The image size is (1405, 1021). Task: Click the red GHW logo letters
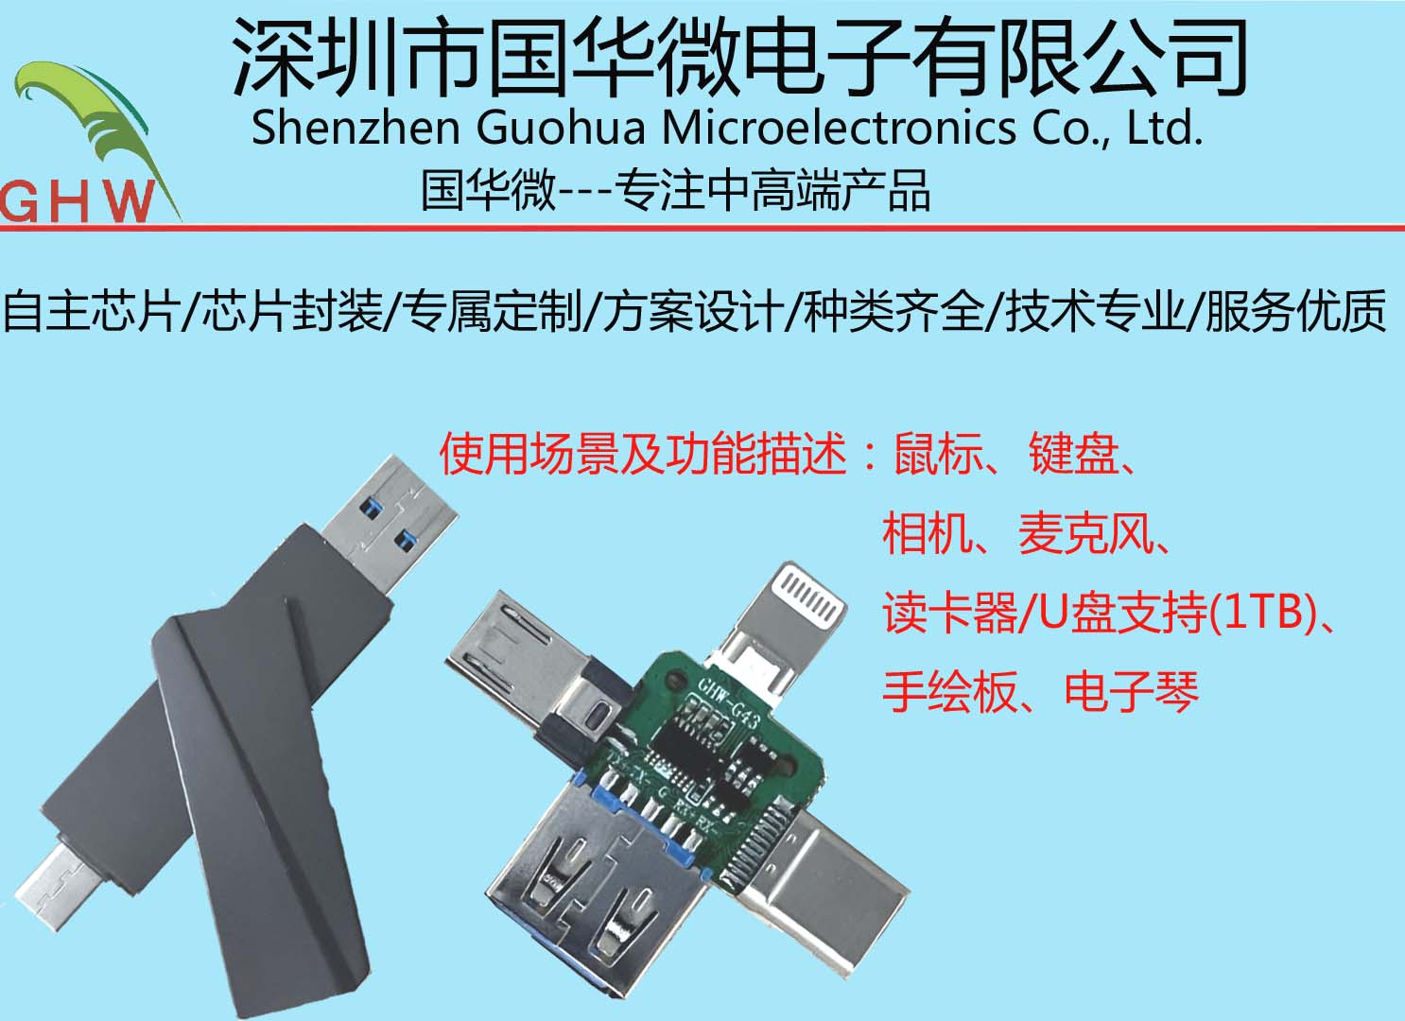tap(78, 200)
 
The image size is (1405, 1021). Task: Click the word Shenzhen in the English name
tap(355, 128)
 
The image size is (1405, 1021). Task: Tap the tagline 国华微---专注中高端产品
tap(675, 190)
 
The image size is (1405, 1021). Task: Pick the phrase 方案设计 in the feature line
tap(693, 311)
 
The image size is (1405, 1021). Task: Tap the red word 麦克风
tap(1086, 534)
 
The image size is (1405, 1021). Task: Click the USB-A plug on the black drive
tap(391, 515)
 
